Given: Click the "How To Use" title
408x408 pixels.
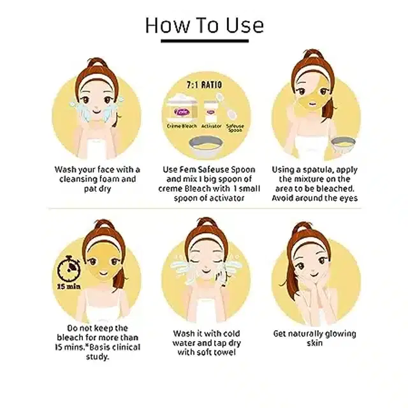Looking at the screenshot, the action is [204, 25].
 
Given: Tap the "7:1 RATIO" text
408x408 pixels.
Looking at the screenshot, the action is [204, 85].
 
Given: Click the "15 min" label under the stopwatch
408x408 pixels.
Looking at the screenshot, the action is [69, 286].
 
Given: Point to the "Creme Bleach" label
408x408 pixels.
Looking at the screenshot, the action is [182, 126].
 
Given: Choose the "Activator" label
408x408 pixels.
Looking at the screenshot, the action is [211, 126].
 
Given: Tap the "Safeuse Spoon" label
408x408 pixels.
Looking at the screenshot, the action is [235, 127].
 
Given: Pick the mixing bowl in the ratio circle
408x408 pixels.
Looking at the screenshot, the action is [206, 147].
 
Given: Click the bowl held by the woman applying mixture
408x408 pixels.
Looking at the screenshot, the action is [343, 145].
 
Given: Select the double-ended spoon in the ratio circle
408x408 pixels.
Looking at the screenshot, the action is [226, 106].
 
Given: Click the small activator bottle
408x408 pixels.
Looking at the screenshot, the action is [210, 112].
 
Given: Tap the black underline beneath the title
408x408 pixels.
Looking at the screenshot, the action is [205, 41].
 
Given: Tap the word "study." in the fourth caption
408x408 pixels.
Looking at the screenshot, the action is [98, 356].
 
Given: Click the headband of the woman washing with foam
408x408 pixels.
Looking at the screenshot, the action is [98, 80].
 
